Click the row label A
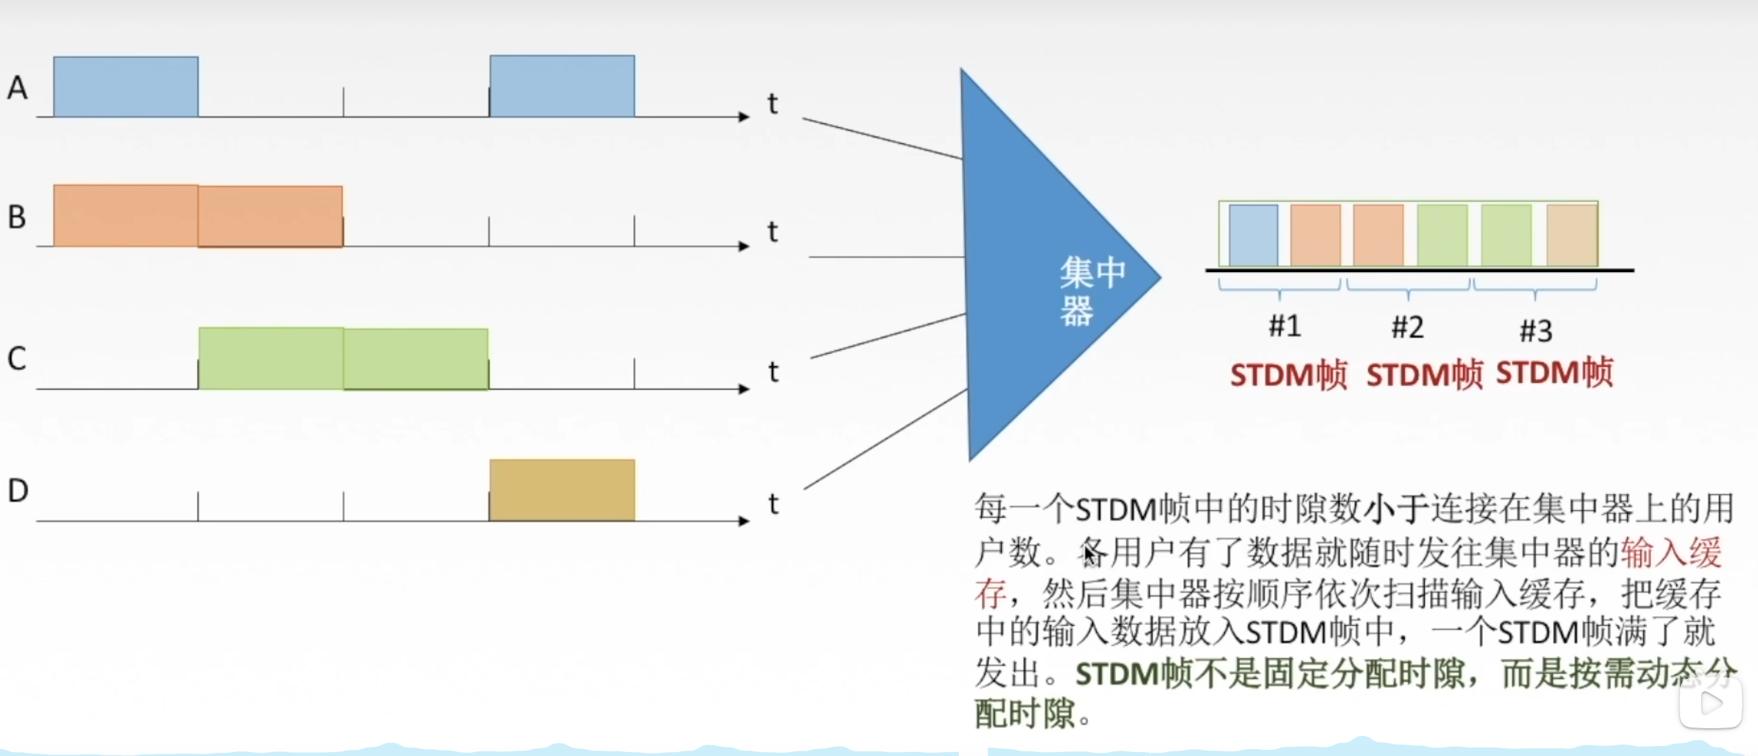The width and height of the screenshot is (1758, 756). [x=17, y=88]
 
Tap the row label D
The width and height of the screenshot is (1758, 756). [x=18, y=491]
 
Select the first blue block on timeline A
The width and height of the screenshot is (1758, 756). [x=126, y=86]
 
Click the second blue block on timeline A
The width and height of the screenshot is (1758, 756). [x=562, y=86]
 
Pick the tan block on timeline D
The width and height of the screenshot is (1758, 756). [x=562, y=490]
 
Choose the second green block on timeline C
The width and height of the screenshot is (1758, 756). [x=415, y=358]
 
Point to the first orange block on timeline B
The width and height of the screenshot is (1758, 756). [x=126, y=216]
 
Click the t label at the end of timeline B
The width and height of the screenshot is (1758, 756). [x=772, y=231]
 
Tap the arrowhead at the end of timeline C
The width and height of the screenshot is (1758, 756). [x=744, y=388]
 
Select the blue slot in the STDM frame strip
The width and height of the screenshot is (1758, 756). [x=1253, y=234]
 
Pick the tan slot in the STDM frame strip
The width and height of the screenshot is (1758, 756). [x=1571, y=234]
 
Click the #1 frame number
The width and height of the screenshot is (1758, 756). [x=1285, y=326]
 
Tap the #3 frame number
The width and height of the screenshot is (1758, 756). [x=1535, y=331]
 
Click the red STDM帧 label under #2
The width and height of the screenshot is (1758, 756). [x=1424, y=375]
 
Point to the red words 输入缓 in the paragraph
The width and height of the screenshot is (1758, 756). [x=1671, y=553]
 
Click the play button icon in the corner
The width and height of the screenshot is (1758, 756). [x=1710, y=702]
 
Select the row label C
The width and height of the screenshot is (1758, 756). [x=17, y=358]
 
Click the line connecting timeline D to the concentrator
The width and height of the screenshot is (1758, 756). [x=885, y=439]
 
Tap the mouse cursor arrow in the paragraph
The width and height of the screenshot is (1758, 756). [x=1090, y=554]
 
